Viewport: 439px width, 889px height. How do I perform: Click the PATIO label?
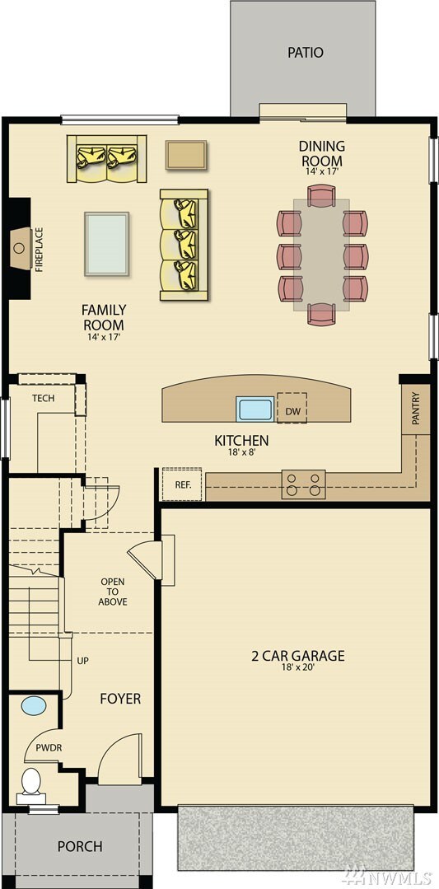[305, 53]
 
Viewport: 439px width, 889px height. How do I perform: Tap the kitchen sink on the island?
[255, 409]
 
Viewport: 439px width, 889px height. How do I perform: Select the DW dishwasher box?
[292, 410]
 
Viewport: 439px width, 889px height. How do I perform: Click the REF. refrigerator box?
[182, 484]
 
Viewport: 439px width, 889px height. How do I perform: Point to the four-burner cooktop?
[303, 484]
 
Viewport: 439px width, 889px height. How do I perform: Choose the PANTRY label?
[416, 409]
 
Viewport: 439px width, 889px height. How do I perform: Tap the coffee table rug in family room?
[106, 244]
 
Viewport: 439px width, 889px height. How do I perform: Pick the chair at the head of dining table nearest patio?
[321, 196]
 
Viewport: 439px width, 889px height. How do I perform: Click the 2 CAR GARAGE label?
[297, 657]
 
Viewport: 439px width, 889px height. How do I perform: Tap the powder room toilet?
[30, 782]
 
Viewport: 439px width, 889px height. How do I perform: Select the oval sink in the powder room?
[34, 706]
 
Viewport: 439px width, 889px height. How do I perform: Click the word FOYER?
[120, 699]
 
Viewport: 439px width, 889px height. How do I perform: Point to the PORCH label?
[80, 846]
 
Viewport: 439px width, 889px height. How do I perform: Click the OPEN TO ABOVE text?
[113, 592]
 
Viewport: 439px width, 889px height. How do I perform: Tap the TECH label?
[44, 398]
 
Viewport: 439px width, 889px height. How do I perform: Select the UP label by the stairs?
[82, 661]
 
